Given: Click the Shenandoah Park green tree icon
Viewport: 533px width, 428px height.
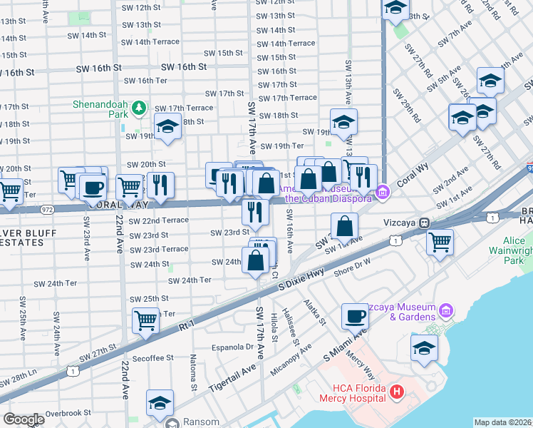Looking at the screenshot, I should tap(140, 108).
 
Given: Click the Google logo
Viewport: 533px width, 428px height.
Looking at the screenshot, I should tap(24, 419).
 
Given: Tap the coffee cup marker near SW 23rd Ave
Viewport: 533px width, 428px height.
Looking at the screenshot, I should tap(93, 188).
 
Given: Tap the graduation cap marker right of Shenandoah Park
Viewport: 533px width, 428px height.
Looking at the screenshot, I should tap(168, 126).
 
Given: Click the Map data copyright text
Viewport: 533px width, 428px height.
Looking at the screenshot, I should tap(503, 422).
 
